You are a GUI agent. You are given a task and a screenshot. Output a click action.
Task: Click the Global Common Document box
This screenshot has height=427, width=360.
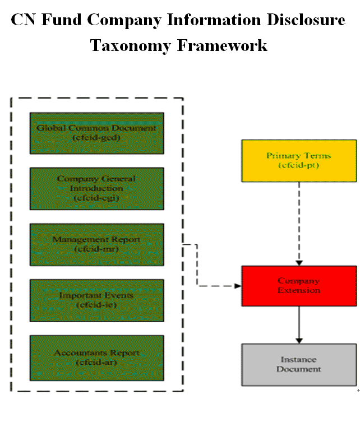pos(96,133)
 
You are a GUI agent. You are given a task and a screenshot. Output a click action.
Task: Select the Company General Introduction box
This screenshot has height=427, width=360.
pos(96,188)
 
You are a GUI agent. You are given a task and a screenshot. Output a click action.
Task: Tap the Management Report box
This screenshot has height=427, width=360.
pos(96,244)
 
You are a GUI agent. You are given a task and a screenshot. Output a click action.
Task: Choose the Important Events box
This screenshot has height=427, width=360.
pos(96,300)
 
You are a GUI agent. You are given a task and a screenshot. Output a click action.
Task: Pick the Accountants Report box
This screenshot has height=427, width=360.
pos(96,357)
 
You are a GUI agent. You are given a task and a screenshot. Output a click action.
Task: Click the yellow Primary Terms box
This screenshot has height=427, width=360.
pos(298,161)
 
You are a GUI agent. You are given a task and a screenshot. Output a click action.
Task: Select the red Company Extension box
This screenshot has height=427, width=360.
pos(298,286)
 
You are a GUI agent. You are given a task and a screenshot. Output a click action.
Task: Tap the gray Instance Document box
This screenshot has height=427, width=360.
pos(298,364)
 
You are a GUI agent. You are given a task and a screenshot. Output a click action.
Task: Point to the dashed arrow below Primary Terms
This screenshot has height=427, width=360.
pos(299,224)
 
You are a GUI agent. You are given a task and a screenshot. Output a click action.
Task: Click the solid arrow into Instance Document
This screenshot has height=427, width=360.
pos(299,325)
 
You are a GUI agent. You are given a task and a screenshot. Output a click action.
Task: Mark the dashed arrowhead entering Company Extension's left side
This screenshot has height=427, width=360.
pos(237,286)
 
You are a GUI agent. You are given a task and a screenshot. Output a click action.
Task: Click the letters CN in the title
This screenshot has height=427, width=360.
pos(24,20)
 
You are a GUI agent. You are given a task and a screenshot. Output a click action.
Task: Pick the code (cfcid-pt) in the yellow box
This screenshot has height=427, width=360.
pos(298,165)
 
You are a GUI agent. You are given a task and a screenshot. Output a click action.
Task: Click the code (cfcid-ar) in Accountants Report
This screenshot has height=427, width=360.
pos(96,362)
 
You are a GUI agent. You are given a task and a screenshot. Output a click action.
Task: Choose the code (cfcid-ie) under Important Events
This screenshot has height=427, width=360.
pos(96,305)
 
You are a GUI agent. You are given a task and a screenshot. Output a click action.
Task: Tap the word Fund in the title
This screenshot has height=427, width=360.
pos(62,20)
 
